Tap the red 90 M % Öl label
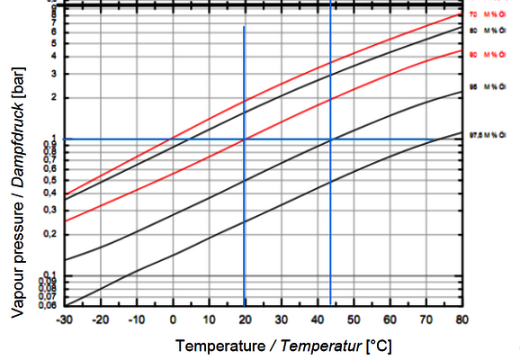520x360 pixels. point(486,54)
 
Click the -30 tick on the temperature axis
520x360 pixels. point(64,319)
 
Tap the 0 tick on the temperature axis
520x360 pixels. point(172,319)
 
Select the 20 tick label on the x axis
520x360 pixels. point(245,319)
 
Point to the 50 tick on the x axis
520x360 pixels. point(353,319)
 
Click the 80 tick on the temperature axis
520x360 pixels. point(462,319)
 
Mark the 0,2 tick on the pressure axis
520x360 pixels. point(49,234)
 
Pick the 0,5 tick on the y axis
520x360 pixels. point(49,180)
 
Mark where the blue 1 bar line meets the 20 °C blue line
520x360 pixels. point(244,139)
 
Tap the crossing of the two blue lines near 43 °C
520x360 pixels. point(331,139)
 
